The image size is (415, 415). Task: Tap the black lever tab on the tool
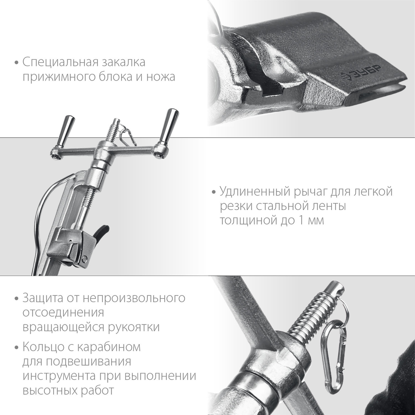tap(101, 232)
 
